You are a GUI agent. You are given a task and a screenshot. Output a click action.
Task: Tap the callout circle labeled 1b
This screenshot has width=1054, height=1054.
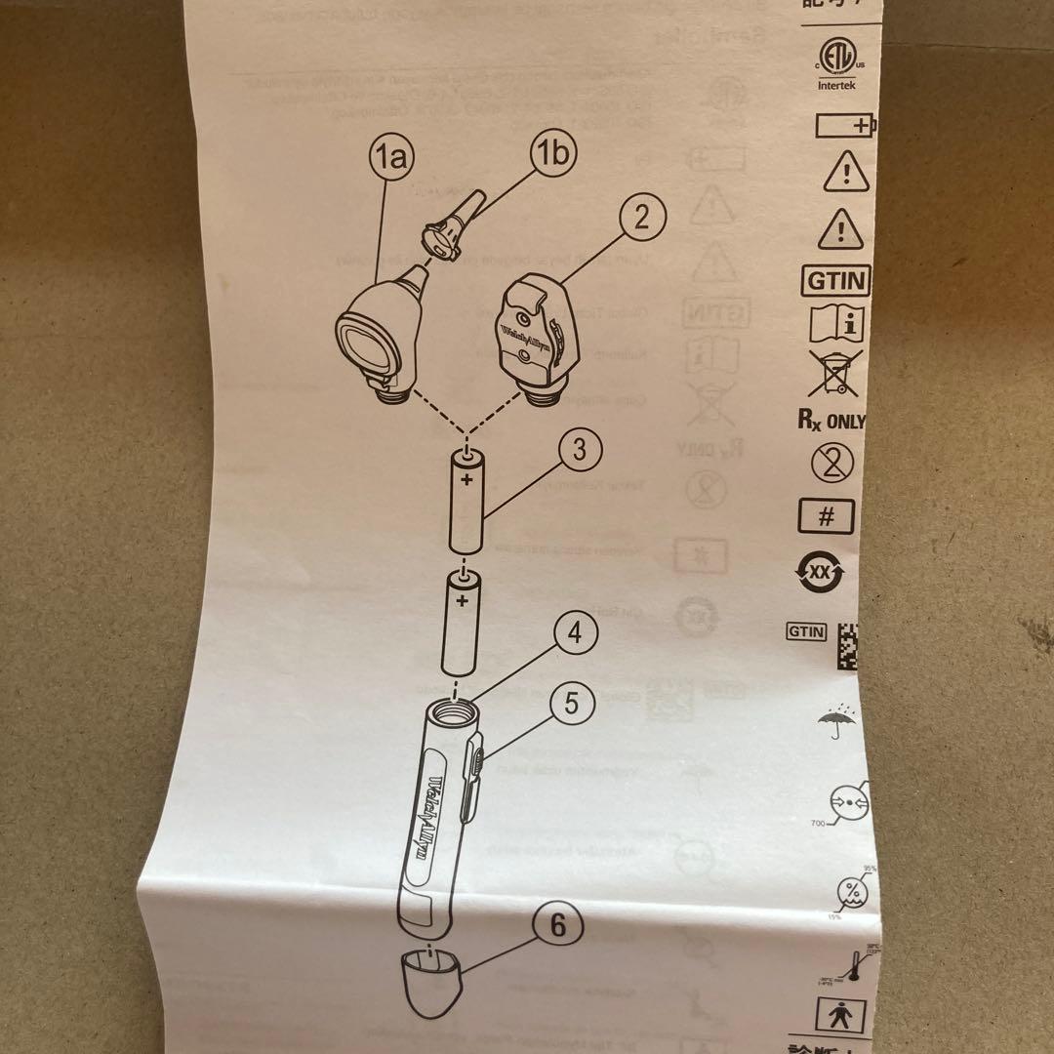(x=553, y=153)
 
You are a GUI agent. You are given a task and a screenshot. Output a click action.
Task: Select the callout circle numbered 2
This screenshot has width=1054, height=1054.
(x=640, y=218)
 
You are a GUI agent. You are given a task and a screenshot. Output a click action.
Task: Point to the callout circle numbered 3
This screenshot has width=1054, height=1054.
(x=580, y=450)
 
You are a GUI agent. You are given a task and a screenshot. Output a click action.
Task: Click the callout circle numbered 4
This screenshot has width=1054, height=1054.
(x=576, y=633)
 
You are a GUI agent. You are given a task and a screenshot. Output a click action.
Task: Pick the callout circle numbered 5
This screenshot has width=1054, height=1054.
(x=572, y=704)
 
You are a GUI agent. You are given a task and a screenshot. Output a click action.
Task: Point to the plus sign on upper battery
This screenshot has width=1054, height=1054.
(x=467, y=480)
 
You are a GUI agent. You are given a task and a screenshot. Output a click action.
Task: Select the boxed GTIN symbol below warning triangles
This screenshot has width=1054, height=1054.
(x=835, y=281)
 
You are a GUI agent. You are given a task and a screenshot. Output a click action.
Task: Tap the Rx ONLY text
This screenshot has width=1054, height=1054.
(x=831, y=421)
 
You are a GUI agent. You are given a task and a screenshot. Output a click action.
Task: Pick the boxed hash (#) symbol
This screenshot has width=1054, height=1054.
(x=826, y=516)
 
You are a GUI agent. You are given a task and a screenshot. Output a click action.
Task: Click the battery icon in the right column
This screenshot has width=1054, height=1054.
(x=844, y=126)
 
